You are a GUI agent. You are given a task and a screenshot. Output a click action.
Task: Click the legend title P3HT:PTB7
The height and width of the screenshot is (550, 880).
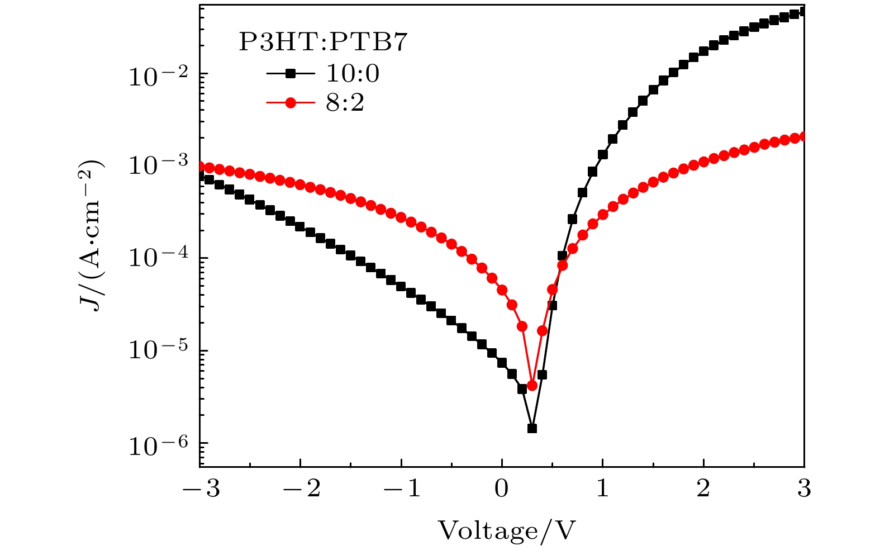click(x=323, y=43)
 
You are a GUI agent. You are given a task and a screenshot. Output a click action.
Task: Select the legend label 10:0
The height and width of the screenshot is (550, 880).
click(x=353, y=73)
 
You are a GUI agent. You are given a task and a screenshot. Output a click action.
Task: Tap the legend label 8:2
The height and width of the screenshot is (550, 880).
click(x=345, y=103)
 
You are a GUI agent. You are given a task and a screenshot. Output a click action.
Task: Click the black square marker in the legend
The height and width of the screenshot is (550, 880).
click(x=290, y=73)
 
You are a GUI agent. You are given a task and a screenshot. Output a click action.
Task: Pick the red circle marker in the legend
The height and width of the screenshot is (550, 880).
click(x=290, y=103)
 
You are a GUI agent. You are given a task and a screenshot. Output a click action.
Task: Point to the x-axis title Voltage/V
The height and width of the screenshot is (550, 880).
click(x=506, y=530)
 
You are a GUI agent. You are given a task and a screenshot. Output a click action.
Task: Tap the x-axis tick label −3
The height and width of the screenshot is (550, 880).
click(x=201, y=489)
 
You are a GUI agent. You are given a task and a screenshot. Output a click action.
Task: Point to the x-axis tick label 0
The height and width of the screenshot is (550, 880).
click(x=502, y=489)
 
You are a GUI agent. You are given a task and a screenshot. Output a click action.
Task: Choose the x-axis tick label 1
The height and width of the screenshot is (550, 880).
click(x=602, y=489)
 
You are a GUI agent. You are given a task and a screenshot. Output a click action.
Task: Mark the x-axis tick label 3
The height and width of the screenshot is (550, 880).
click(x=803, y=489)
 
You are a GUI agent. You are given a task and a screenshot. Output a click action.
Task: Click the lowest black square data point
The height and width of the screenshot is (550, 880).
click(x=532, y=429)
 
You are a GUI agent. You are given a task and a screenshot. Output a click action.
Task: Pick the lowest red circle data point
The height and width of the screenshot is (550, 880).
click(x=532, y=386)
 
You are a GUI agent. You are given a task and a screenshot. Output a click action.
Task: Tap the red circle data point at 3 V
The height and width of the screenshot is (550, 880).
click(x=803, y=137)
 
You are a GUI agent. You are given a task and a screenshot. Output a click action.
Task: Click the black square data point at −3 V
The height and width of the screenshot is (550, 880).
click(x=201, y=176)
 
